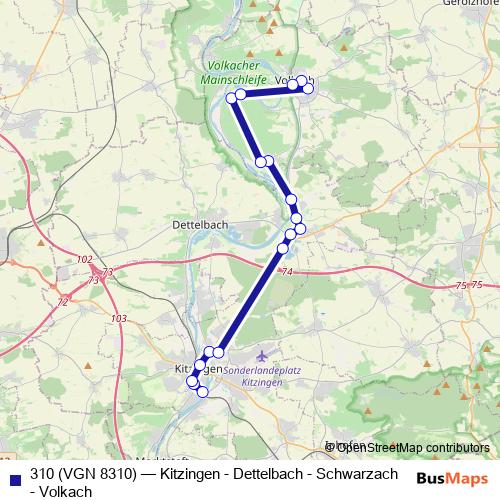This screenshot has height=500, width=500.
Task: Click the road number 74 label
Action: point(288,272)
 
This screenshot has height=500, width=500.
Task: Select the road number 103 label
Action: point(120,318)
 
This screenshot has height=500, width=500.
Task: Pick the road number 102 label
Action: point(84,259)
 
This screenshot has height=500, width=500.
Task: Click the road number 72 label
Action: point(63,301)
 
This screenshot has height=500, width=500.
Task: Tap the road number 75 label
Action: point(462,286)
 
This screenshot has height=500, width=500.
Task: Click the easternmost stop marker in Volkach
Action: point(308,89)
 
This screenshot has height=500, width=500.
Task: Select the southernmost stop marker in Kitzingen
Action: point(202,391)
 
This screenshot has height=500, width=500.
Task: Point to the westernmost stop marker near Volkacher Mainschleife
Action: point(232,97)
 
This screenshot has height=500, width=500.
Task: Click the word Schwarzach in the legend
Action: point(355,473)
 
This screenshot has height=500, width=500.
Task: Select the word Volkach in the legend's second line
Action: point(67,491)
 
